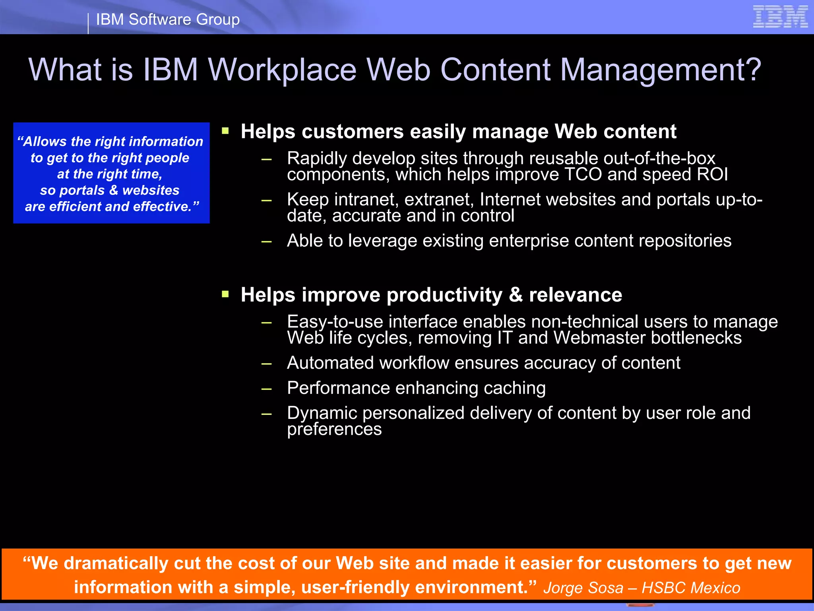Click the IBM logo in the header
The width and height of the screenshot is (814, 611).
[780, 17]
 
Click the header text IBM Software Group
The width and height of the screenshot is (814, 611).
[168, 19]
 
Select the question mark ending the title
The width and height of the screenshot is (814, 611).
[751, 70]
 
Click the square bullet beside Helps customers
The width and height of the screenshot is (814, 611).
[225, 131]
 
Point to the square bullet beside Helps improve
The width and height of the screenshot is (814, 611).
[225, 294]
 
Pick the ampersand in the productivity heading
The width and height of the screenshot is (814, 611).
[516, 295]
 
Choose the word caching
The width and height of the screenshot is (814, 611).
[514, 388]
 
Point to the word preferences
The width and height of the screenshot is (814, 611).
[334, 429]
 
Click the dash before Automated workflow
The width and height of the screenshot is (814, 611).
[266, 363]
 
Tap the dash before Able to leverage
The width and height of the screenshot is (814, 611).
[266, 241]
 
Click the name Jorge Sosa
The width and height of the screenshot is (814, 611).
[583, 588]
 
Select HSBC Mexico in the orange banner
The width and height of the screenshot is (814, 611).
[691, 588]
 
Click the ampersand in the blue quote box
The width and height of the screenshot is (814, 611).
[114, 190]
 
